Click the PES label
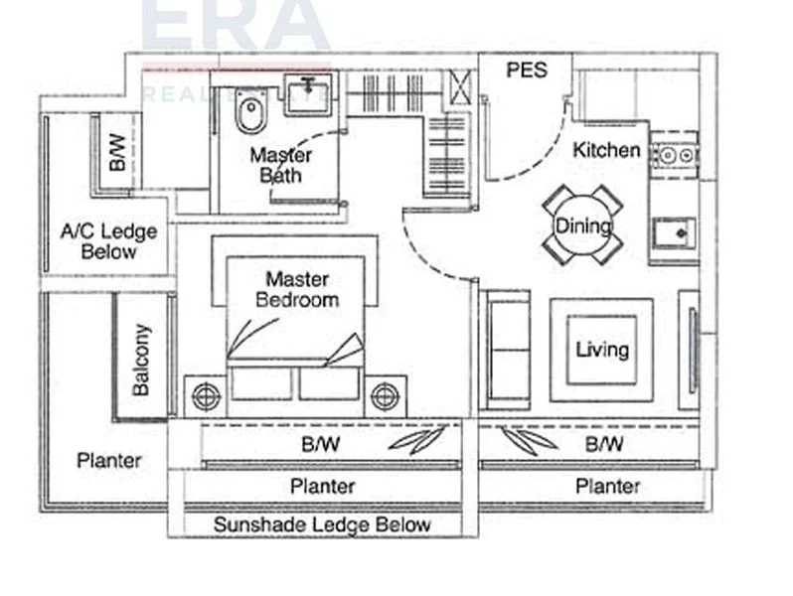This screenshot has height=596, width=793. click(x=527, y=71)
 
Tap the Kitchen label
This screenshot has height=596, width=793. click(x=606, y=151)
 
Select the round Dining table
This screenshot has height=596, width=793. click(x=582, y=225)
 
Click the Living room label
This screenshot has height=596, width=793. click(x=602, y=350)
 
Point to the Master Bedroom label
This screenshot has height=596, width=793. click(x=297, y=289)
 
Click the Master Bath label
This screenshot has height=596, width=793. click(x=280, y=165)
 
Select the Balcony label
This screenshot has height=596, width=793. click(x=141, y=359)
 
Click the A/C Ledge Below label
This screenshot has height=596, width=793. click(x=109, y=241)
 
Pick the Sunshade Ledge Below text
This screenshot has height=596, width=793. click(x=323, y=524)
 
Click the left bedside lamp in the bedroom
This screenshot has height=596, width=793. click(x=206, y=396)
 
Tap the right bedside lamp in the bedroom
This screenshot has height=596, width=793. click(x=385, y=396)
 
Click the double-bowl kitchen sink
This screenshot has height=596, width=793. click(x=674, y=155)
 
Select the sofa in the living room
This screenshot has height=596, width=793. click(x=505, y=349)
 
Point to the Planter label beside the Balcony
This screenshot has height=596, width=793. click(x=109, y=461)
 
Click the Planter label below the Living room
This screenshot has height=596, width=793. click(x=607, y=486)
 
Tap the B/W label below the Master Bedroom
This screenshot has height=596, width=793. click(x=320, y=444)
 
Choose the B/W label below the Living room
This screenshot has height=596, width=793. click(x=604, y=444)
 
